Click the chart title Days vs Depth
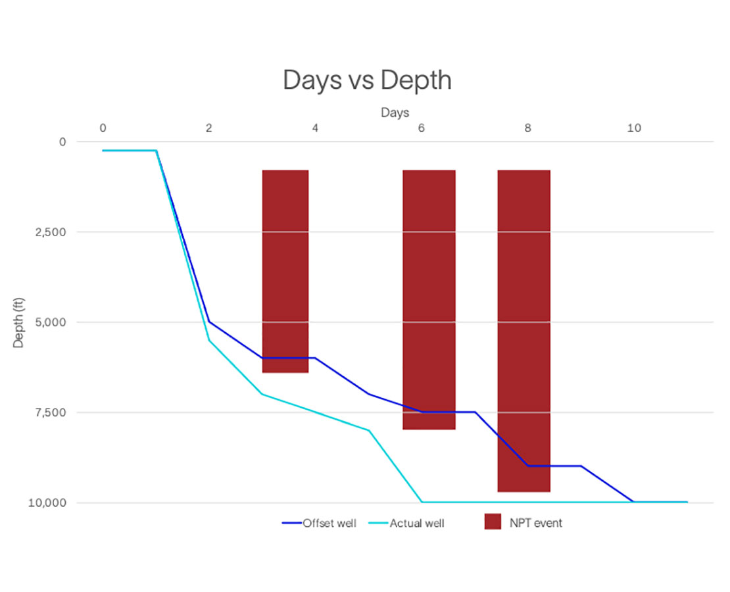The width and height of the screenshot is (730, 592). [x=367, y=80]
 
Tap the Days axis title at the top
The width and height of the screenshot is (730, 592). [x=395, y=112]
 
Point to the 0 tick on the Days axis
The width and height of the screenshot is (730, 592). [x=103, y=128]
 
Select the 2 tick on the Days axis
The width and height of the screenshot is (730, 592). [x=208, y=128]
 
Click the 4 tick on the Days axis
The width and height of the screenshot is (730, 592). [x=315, y=128]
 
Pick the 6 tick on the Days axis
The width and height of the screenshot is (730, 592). [x=421, y=128]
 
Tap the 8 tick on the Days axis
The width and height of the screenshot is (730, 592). [x=527, y=128]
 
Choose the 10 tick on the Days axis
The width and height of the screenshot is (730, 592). [x=633, y=128]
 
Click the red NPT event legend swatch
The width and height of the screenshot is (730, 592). [x=493, y=522]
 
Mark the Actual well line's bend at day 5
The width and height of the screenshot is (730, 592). [x=369, y=430]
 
